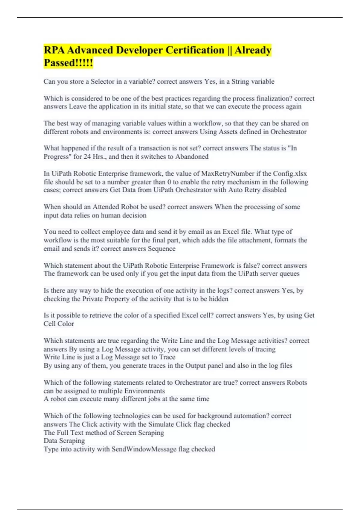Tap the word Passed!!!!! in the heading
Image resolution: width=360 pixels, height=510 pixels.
coord(68,63)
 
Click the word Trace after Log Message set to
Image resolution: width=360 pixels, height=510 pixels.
coord(167,357)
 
